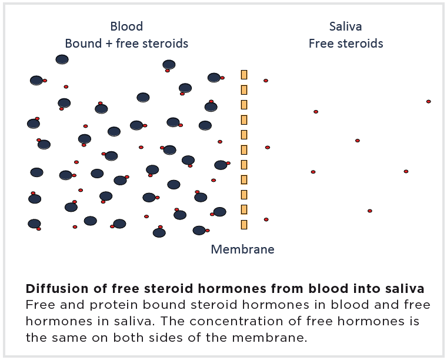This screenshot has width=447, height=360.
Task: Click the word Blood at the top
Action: point(126,26)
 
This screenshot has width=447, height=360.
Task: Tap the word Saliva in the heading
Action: point(345,26)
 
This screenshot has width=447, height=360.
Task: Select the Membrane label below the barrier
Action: point(242,249)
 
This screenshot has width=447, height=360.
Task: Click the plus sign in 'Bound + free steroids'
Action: point(109,44)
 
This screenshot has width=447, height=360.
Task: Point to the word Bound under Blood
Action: point(84,44)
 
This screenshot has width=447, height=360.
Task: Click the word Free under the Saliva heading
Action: point(321,44)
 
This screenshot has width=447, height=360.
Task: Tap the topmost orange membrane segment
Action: point(244,75)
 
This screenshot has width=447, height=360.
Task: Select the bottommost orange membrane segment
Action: point(244,225)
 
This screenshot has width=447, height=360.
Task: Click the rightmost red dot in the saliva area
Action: point(428,102)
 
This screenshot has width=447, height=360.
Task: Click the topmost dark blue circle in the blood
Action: point(62,59)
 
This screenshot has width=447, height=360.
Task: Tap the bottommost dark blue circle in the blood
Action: point(159,233)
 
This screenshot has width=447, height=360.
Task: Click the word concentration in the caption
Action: point(236,322)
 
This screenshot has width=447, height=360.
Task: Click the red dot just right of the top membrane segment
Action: point(266,81)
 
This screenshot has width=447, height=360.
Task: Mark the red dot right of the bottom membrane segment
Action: point(266,219)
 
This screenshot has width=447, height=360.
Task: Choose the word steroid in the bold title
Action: point(169,289)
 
